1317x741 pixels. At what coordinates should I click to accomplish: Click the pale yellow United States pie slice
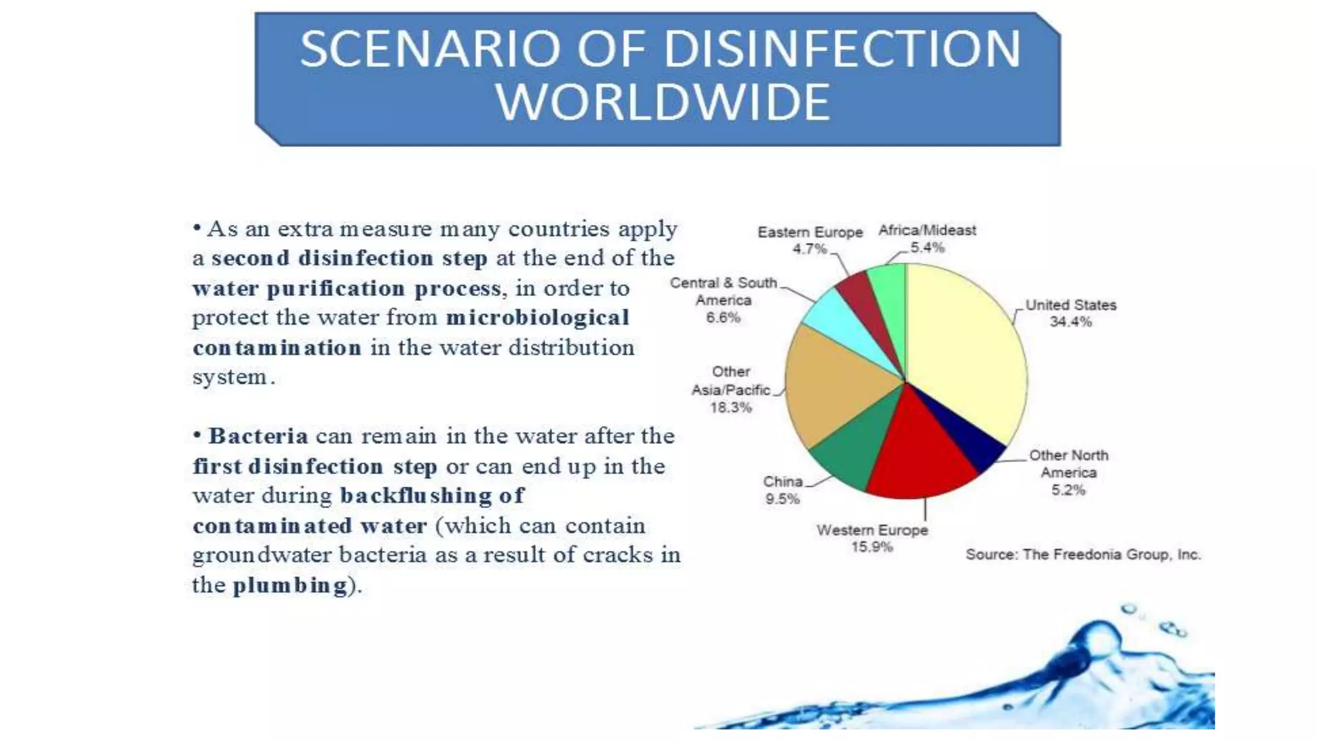tap(965, 347)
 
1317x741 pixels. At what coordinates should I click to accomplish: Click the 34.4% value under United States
tap(1071, 322)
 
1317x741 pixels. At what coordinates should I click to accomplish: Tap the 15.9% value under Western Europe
tap(872, 547)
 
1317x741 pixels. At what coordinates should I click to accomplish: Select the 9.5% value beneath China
tap(782, 499)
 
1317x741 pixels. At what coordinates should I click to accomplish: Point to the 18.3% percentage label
tap(731, 407)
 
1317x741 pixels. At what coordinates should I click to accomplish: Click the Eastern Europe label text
tap(810, 232)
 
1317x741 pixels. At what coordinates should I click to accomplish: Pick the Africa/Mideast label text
tap(927, 230)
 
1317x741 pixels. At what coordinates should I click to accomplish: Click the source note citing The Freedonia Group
tap(1083, 554)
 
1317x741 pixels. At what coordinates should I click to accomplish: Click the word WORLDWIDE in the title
tap(663, 102)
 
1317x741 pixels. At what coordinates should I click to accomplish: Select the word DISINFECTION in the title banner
tap(842, 49)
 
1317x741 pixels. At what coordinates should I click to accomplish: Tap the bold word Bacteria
tap(259, 436)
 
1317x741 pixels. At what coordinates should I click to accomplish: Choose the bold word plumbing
tap(290, 585)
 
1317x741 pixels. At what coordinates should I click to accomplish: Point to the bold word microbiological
tap(538, 318)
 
